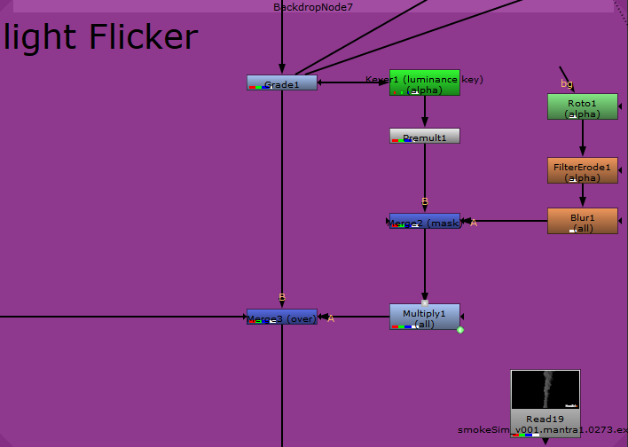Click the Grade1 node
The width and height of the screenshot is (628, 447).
tap(281, 83)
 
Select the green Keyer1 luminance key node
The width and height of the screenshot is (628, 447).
tap(424, 82)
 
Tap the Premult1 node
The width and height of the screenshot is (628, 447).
tap(424, 136)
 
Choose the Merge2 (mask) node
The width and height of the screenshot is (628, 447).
tap(424, 221)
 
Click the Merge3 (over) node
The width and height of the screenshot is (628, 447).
tap(281, 317)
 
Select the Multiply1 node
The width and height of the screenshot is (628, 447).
tap(424, 317)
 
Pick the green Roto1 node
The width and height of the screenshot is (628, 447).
tap(582, 106)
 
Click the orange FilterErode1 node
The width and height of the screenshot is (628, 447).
tap(582, 170)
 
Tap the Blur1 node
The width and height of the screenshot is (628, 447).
tap(582, 221)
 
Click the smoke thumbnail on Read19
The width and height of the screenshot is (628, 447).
tap(545, 390)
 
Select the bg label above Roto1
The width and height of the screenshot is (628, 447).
tap(567, 83)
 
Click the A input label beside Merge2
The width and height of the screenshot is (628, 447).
tap(474, 223)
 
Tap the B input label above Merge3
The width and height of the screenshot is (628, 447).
tap(282, 297)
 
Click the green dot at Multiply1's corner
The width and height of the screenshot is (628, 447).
tap(460, 330)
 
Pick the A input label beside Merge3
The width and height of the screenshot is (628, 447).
tap(331, 318)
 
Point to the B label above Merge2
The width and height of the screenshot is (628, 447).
tap(425, 201)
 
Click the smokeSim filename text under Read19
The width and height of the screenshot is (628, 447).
tap(542, 430)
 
